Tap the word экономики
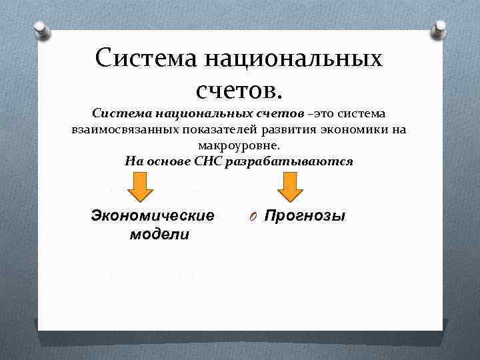click(x=351, y=129)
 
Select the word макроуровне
click(x=239, y=145)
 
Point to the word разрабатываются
click(x=290, y=161)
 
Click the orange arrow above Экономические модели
click(x=140, y=187)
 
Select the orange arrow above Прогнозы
click(x=290, y=187)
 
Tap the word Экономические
click(x=153, y=215)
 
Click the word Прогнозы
click(x=305, y=215)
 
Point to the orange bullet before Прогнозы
click(x=254, y=217)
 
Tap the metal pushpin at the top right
click(x=439, y=29)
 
